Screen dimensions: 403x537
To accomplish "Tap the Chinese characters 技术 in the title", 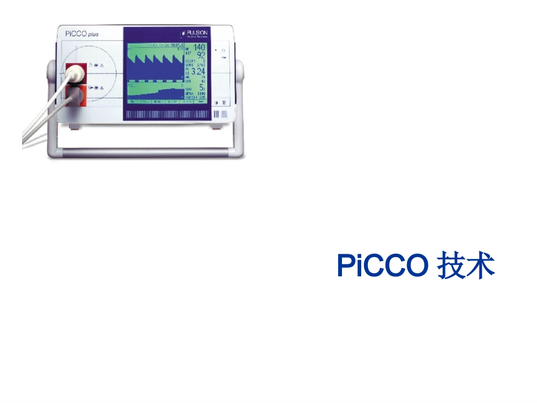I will tap(466, 266).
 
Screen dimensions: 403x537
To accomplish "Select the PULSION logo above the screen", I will tap(194, 33).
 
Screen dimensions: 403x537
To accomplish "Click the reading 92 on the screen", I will tap(201, 55).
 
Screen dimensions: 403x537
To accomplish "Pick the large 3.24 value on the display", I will tap(198, 72).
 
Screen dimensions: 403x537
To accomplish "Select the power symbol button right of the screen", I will tap(224, 51).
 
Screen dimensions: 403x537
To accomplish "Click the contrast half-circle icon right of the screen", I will tap(216, 102).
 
